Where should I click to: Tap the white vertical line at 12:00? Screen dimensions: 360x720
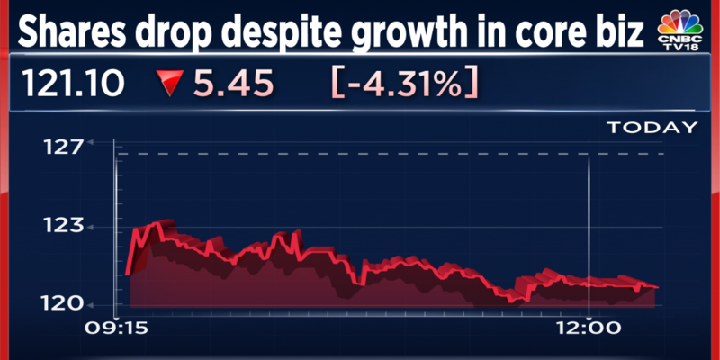(588, 225)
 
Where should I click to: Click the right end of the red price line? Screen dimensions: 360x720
(656, 286)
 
